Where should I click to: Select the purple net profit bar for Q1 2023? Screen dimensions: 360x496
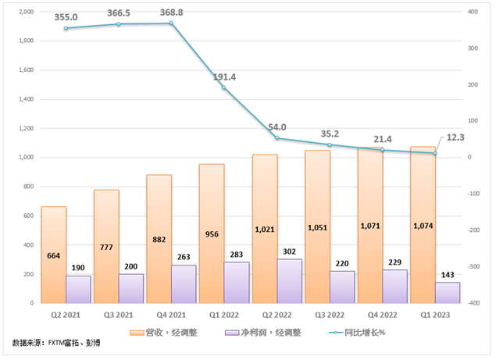(448, 293)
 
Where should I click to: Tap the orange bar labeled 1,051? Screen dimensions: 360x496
(316, 226)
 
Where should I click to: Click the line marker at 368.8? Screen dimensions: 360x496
(171, 23)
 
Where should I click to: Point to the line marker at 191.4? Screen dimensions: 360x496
(224, 87)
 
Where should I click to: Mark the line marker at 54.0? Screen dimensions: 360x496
(277, 138)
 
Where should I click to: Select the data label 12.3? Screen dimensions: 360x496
(458, 138)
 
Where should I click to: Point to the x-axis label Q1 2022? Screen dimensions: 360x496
(224, 314)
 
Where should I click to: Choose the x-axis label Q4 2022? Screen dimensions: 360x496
(382, 314)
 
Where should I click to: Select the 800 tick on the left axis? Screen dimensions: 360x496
(28, 187)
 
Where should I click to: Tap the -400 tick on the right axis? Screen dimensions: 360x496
(473, 303)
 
